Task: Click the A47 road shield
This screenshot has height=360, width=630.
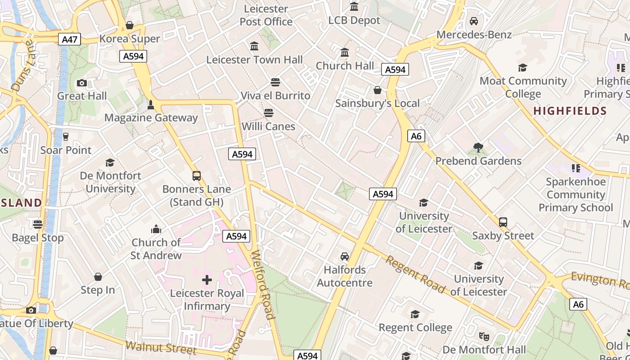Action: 70,39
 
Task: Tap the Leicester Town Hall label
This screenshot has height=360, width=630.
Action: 254,59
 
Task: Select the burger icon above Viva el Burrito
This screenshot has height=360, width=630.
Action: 275,82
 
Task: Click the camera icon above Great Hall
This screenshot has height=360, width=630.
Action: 82,83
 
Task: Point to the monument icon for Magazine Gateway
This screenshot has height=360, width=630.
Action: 151,105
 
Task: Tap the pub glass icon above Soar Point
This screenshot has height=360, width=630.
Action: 66,136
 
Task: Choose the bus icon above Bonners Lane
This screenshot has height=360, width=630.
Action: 197,176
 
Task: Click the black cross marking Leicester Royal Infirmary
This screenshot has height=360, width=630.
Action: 207,280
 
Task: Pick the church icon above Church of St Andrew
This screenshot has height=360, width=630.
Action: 156,229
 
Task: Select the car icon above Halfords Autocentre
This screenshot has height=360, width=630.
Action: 345,256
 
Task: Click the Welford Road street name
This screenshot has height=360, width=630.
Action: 263,284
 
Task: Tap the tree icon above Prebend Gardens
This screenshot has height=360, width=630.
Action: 478,147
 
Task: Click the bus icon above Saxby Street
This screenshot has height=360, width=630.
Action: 503,222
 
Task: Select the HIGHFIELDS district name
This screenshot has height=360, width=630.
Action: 570,111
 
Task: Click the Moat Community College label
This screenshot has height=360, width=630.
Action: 523,87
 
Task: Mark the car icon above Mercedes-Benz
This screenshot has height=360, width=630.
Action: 474,21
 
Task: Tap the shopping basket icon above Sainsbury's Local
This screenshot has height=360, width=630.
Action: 378,90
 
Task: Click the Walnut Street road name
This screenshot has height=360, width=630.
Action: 161,347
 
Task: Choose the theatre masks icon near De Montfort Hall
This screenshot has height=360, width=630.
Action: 484,336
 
